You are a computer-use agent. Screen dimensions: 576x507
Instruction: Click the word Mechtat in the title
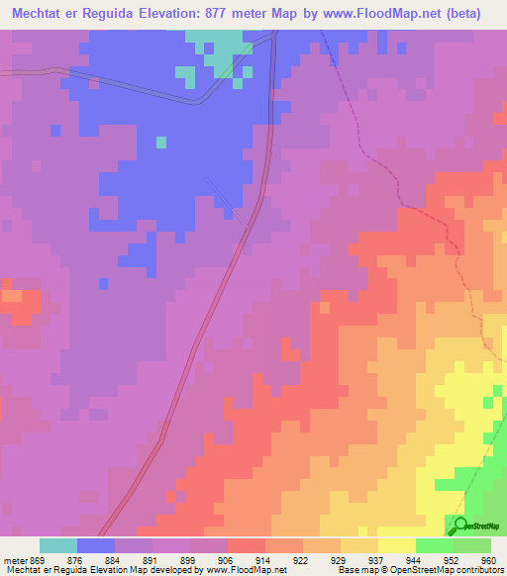[41, 14]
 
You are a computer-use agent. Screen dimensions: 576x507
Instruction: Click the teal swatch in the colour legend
[58, 545]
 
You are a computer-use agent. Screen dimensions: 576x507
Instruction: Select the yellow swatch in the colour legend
[397, 545]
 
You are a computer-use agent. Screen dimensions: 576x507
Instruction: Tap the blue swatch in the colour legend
[96, 545]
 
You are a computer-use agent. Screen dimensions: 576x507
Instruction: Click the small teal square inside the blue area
[160, 143]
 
